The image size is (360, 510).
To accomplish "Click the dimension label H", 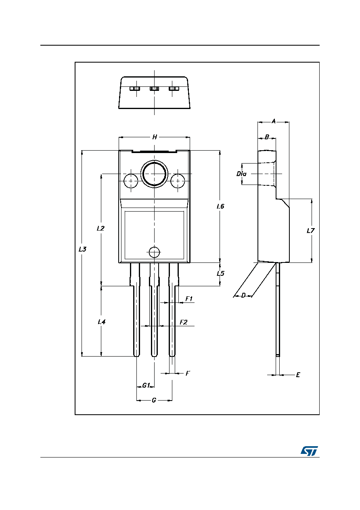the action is tap(155, 137).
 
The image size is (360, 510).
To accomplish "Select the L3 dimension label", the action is tap(82, 249).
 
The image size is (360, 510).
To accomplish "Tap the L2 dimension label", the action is tap(100, 228).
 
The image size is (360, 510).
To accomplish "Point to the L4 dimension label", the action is tap(101, 322).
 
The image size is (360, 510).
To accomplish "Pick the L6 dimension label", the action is tap(220, 206).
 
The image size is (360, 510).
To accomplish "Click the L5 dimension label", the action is tap(220, 273).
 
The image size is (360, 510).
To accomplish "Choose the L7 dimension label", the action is tap(310, 231).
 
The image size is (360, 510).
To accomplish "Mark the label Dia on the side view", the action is tap(241, 174).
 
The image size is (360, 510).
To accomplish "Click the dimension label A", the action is tap(274, 122).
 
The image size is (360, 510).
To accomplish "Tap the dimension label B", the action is tap(267, 137).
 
